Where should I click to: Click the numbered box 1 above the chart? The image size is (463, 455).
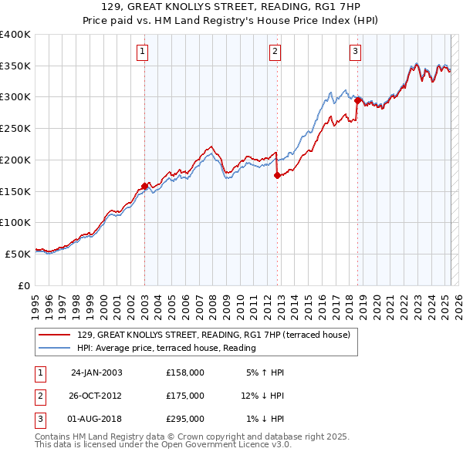point(144,52)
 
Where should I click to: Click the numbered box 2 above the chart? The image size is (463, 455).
point(275,52)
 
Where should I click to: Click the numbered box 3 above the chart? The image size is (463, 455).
point(355,52)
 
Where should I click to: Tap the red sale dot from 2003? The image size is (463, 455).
point(144,186)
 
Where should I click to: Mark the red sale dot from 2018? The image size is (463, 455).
point(357,99)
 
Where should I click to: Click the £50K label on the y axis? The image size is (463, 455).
point(18,253)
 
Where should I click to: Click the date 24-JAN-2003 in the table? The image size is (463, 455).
point(96,372)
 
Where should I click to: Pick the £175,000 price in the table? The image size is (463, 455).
point(185,396)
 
